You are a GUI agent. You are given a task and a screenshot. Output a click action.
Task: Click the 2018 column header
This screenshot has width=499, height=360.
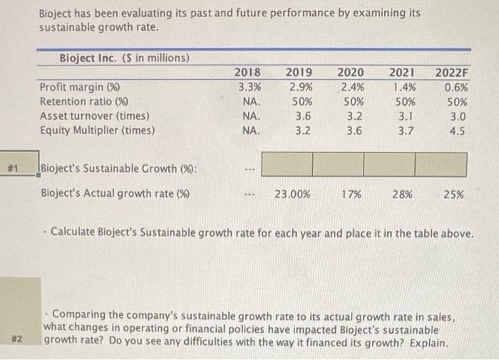click(x=247, y=71)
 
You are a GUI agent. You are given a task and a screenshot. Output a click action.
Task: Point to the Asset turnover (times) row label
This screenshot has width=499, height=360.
click(x=94, y=115)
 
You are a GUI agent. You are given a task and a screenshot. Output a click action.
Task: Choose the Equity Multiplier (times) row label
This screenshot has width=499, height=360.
click(x=97, y=130)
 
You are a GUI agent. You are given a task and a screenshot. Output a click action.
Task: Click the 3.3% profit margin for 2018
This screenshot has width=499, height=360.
click(x=247, y=87)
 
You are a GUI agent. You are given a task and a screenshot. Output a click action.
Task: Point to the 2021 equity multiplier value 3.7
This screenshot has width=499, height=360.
click(x=404, y=130)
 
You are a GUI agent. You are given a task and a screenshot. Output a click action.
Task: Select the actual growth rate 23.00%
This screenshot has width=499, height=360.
click(x=292, y=192)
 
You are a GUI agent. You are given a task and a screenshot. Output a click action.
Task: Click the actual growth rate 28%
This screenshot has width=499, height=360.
click(x=404, y=192)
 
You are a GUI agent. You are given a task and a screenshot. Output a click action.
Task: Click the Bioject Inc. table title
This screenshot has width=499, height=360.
click(x=123, y=58)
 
